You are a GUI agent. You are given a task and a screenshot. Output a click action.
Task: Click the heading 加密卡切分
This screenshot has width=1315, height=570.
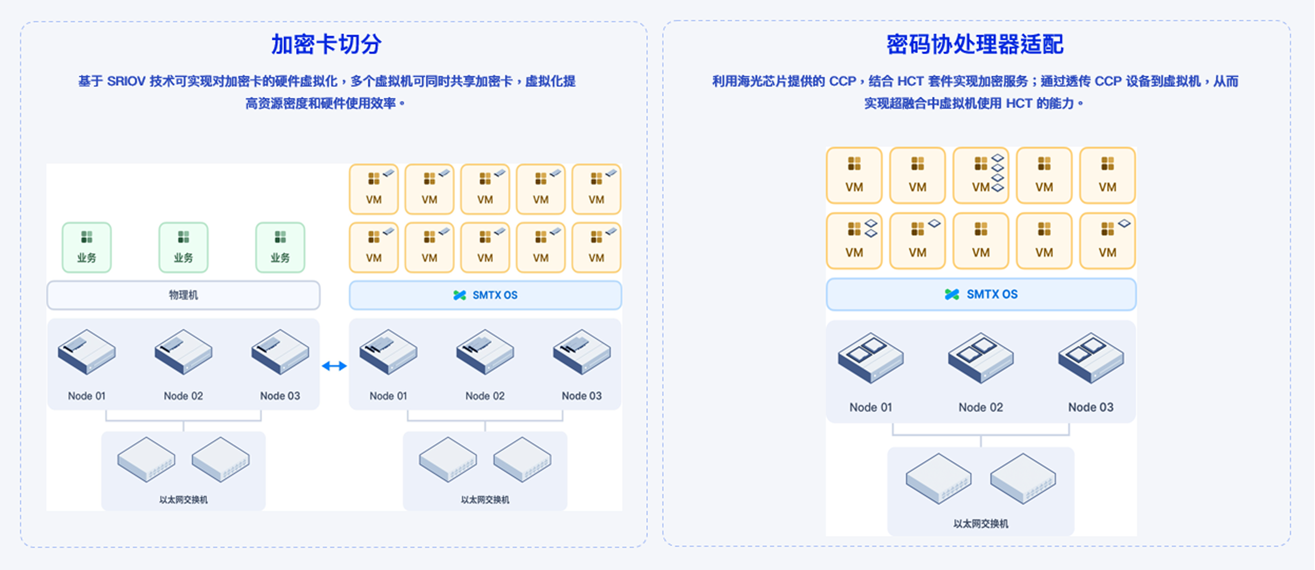(x=326, y=44)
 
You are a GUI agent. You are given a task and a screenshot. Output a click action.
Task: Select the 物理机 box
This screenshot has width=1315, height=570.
(x=183, y=295)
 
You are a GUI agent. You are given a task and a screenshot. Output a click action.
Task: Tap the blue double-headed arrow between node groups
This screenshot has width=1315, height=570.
(x=335, y=366)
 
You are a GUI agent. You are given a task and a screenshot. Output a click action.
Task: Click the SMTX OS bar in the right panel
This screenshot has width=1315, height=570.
(x=980, y=294)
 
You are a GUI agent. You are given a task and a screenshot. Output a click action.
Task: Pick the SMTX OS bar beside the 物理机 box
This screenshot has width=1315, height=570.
(x=485, y=295)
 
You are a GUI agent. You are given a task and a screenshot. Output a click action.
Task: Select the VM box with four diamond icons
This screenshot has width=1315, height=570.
(x=980, y=175)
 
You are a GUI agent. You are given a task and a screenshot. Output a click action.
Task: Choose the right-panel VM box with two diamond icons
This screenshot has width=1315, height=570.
(x=854, y=241)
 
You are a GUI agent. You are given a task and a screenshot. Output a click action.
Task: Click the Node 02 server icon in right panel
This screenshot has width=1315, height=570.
(x=980, y=357)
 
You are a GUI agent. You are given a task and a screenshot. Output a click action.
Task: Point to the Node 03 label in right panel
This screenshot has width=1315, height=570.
(x=1090, y=407)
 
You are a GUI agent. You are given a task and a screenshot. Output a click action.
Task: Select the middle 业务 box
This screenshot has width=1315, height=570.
(x=183, y=247)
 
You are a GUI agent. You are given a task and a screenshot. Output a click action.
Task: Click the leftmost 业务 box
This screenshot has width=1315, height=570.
(x=86, y=247)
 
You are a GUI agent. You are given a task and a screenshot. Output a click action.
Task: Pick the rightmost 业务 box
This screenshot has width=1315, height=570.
(x=280, y=247)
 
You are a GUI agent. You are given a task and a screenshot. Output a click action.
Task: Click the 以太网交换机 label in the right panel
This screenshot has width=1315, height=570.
(x=980, y=524)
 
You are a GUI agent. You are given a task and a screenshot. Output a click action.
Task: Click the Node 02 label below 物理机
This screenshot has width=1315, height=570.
(x=183, y=396)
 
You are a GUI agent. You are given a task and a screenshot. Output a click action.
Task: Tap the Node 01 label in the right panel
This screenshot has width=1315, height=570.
(x=870, y=407)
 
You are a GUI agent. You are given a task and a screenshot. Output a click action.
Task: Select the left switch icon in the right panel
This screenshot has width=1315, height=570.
(x=938, y=478)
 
